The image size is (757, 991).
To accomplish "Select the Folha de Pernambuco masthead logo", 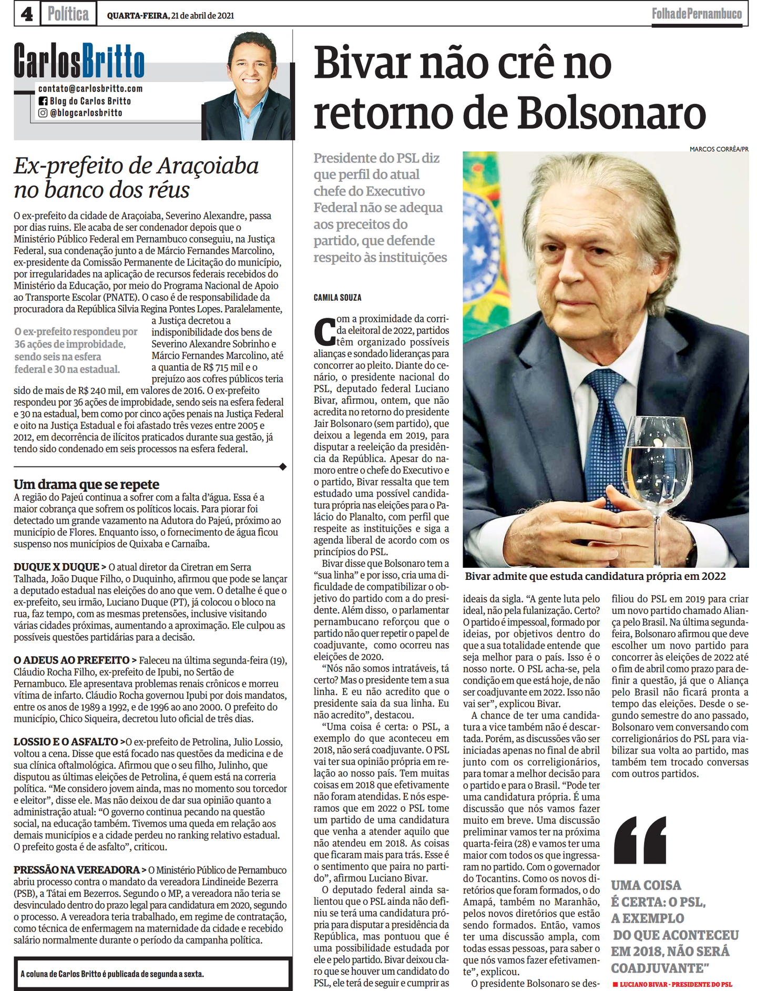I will point(697,14).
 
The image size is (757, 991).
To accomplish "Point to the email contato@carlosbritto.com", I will point(90,89).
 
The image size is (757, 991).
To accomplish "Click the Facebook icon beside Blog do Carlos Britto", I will point(43,101).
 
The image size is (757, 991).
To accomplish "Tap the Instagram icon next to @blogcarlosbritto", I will point(43,113).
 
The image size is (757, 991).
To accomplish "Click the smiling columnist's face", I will point(251,66).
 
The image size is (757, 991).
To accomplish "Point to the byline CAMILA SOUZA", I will point(337,298).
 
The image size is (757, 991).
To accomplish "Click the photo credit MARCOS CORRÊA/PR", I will point(719,149).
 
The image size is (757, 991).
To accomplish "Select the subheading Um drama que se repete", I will point(86,484).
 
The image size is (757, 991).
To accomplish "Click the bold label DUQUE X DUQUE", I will point(56,567).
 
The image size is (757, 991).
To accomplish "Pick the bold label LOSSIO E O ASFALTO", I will point(66,742).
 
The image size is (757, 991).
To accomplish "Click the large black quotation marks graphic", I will point(640,841).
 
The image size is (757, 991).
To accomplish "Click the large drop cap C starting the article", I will point(324,331).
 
